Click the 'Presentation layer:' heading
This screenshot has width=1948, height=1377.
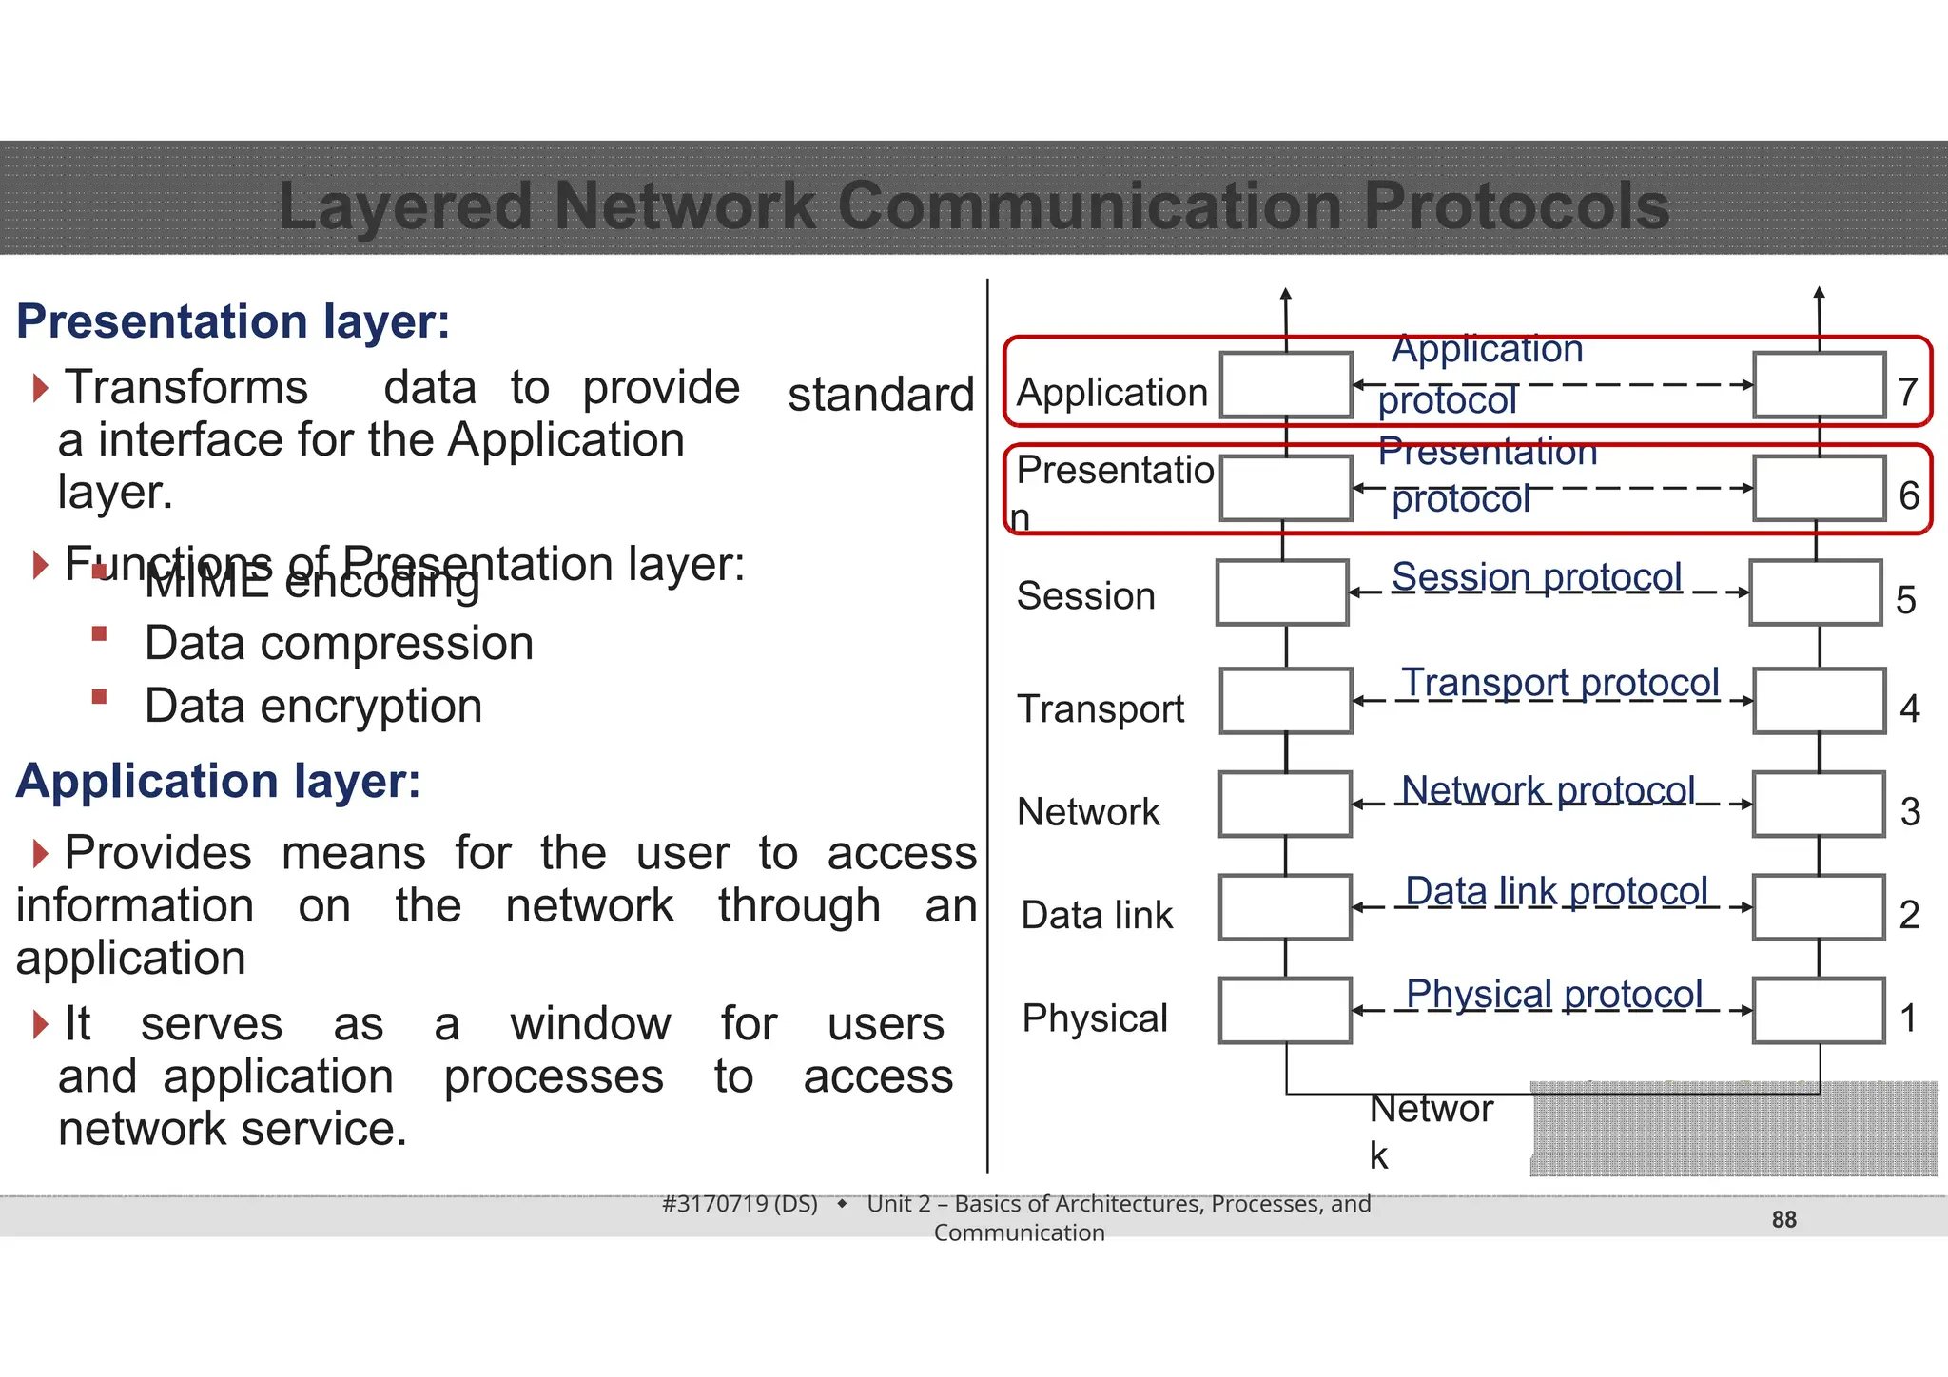[x=233, y=321]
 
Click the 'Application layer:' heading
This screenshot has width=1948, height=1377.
[x=219, y=782]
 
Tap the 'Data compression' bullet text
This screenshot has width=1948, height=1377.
[x=339, y=644]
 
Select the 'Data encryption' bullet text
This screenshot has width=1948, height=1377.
[x=313, y=707]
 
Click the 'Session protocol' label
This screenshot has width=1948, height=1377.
[x=1536, y=577]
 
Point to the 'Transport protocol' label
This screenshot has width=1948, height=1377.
[x=1560, y=683]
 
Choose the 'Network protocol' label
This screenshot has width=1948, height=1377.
[x=1548, y=790]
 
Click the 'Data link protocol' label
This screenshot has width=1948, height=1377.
[x=1556, y=892]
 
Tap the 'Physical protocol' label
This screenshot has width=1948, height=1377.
[x=1554, y=995]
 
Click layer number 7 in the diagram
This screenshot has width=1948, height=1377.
[x=1908, y=392]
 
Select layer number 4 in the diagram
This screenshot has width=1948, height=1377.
[x=1909, y=708]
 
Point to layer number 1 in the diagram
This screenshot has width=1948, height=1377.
[x=1908, y=1018]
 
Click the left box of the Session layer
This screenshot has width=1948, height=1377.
[x=1282, y=592]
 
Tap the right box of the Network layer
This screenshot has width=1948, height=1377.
[x=1819, y=805]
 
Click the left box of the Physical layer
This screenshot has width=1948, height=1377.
[x=1285, y=1011]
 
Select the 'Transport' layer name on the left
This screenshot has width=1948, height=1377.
[x=1101, y=709]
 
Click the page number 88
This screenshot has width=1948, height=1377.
[x=1783, y=1220]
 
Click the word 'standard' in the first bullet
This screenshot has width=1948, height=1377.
[x=881, y=395]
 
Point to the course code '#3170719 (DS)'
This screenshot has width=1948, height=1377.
[x=740, y=1204]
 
